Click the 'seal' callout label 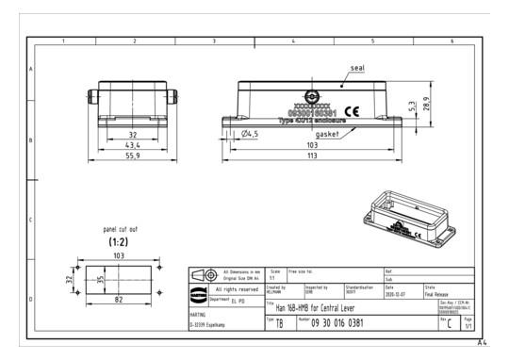pyautogui.click(x=358, y=69)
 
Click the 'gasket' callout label pyautogui.click(x=327, y=134)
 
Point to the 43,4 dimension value pyautogui.click(x=133, y=146)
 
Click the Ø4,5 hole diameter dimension pyautogui.click(x=250, y=134)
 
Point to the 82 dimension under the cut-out pyautogui.click(x=119, y=299)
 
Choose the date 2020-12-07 pyautogui.click(x=396, y=292)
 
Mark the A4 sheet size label pyautogui.click(x=483, y=343)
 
